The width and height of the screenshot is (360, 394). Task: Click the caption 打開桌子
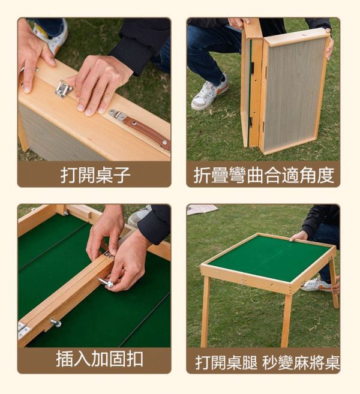[95, 175]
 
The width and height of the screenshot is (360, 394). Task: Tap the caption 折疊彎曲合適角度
[264, 175]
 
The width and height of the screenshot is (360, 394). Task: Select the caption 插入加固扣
[100, 359]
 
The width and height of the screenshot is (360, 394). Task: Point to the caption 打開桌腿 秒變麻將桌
[268, 363]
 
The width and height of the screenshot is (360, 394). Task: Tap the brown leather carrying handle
[146, 131]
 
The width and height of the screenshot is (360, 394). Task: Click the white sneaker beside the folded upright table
[209, 92]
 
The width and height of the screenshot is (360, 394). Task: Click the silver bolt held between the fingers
[106, 282]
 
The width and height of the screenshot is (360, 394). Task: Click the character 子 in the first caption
[122, 175]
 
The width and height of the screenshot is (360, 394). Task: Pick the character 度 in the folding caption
[326, 175]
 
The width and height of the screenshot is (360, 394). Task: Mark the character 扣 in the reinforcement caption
[135, 359]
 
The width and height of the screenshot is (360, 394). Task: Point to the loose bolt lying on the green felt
[56, 323]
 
